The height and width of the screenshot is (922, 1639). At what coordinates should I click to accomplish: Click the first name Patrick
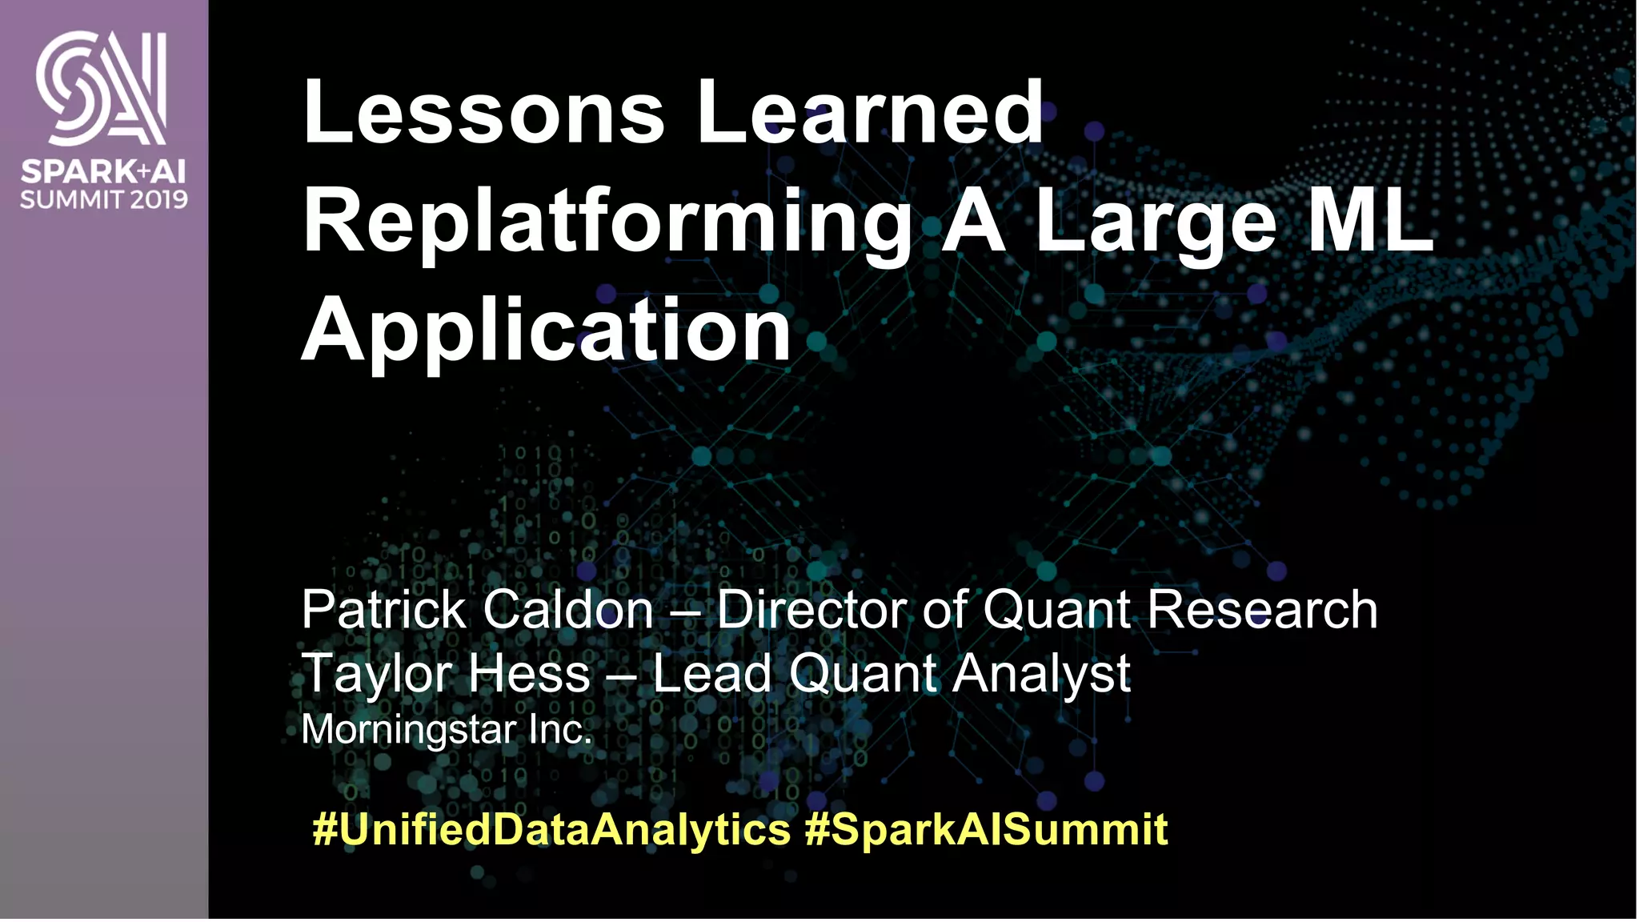[384, 610]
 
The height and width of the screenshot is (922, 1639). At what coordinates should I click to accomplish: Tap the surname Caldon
[568, 610]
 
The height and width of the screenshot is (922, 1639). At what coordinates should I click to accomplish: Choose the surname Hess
[529, 673]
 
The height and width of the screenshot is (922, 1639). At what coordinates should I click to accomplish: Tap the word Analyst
[1041, 675]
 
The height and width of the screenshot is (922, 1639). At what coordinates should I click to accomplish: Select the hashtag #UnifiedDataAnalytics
[551, 829]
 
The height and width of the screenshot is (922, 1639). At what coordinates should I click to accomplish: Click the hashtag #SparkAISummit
[986, 829]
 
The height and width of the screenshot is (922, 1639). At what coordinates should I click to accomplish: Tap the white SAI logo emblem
[102, 88]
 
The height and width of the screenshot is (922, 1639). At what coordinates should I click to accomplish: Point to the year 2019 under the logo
[159, 199]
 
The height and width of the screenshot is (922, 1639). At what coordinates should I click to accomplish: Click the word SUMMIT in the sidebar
[72, 199]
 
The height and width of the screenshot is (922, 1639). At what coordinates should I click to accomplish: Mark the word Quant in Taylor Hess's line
[863, 675]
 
